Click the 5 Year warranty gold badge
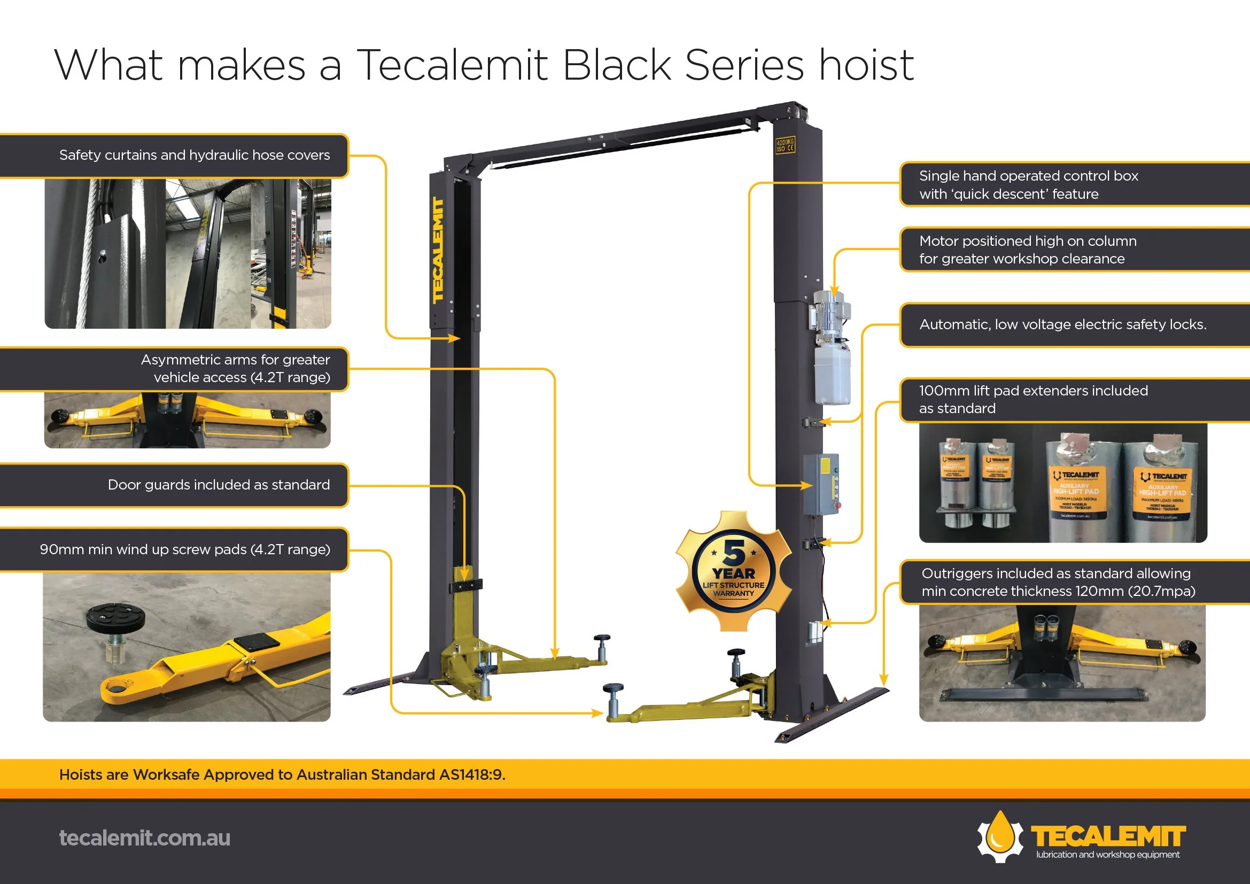(x=733, y=571)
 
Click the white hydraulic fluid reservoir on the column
(x=832, y=375)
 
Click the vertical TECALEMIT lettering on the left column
(x=438, y=250)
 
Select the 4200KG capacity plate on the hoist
(x=785, y=145)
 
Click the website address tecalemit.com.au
(x=144, y=838)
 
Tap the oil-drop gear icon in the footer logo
(x=1000, y=836)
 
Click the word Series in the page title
(x=744, y=65)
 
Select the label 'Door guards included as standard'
(x=219, y=485)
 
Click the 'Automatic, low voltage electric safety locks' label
(x=1062, y=324)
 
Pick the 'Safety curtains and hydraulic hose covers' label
(x=195, y=155)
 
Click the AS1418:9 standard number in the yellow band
(x=471, y=774)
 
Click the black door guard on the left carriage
(x=465, y=586)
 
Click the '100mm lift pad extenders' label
(x=1033, y=400)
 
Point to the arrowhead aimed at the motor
(x=834, y=291)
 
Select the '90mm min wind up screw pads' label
(x=184, y=549)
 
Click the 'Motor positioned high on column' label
(x=1027, y=250)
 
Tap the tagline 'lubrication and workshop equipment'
(x=1107, y=855)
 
